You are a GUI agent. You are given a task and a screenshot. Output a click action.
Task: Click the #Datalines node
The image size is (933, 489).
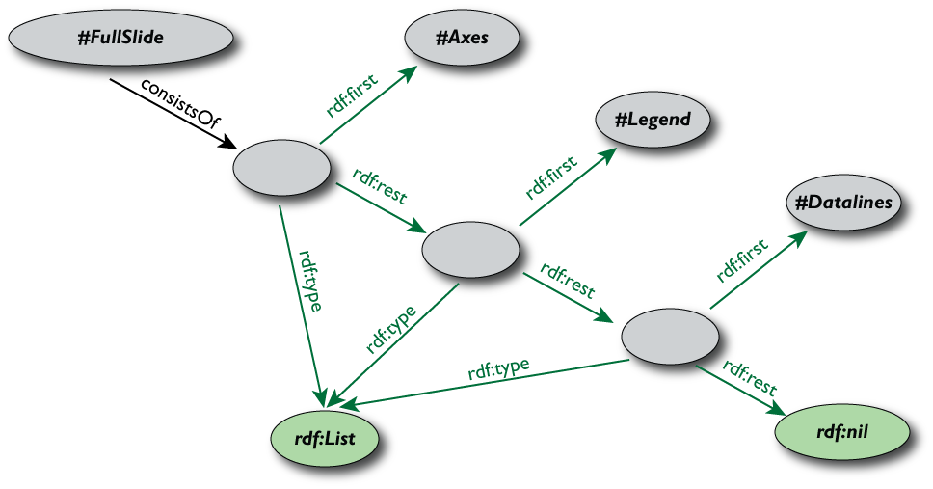844,203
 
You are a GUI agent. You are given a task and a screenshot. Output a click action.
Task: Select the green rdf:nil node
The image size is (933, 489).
842,431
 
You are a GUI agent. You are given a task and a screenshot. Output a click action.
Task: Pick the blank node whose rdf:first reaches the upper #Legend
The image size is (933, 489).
470,250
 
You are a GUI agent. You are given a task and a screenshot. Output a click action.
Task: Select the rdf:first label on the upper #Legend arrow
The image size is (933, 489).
550,177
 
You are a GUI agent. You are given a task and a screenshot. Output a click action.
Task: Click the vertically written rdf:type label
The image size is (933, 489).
309,281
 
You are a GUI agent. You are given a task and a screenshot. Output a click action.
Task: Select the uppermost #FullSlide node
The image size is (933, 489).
120,38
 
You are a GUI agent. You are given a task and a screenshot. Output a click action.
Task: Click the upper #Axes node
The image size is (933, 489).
462,38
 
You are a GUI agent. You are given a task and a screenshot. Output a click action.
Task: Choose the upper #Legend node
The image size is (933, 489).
653,120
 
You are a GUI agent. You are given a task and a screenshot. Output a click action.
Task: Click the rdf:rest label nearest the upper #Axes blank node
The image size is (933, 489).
380,186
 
